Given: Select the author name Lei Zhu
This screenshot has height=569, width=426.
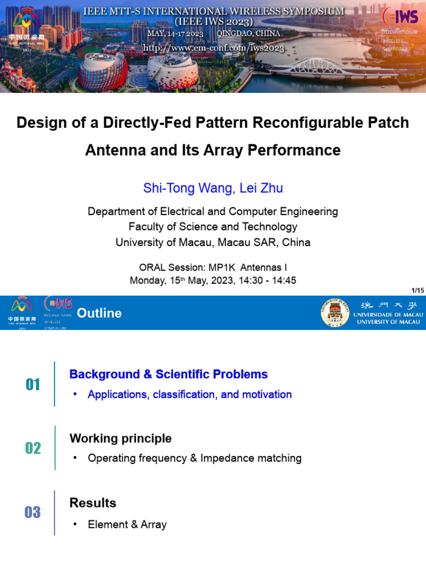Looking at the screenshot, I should click(x=261, y=188).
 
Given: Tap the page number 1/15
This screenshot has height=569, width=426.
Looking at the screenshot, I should click(x=417, y=291).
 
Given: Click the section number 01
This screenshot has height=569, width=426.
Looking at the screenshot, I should click(x=33, y=385).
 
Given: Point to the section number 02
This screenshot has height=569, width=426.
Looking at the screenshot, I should click(x=33, y=448).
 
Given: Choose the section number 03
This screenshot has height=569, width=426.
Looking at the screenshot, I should click(x=33, y=512).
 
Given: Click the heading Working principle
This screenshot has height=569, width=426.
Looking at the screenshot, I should click(x=120, y=438).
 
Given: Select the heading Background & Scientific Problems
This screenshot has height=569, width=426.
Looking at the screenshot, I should click(x=168, y=375).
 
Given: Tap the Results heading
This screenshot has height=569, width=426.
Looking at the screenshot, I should click(x=93, y=503).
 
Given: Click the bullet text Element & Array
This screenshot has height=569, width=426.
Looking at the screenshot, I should click(x=127, y=525).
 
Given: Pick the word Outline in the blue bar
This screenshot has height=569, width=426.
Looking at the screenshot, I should click(x=99, y=313).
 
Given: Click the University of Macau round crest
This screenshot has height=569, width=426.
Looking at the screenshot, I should click(x=335, y=313).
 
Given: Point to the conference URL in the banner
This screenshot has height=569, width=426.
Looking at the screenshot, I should click(x=214, y=48).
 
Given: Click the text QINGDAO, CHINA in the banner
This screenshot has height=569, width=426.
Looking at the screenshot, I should click(x=248, y=33).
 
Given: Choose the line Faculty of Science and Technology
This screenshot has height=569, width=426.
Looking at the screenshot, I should click(x=213, y=227).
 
